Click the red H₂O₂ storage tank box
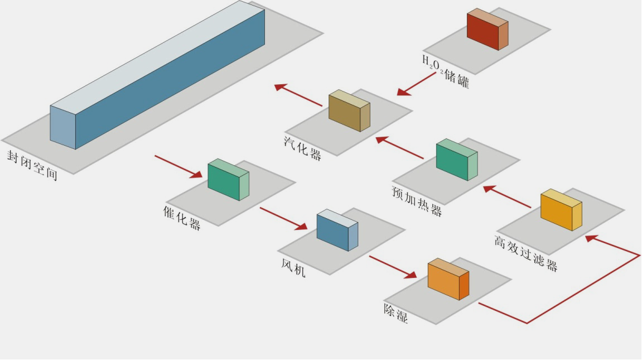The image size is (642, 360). [487, 30]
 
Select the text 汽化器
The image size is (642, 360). [302, 147]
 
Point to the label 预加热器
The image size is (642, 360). [417, 201]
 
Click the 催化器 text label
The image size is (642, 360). [182, 218]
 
